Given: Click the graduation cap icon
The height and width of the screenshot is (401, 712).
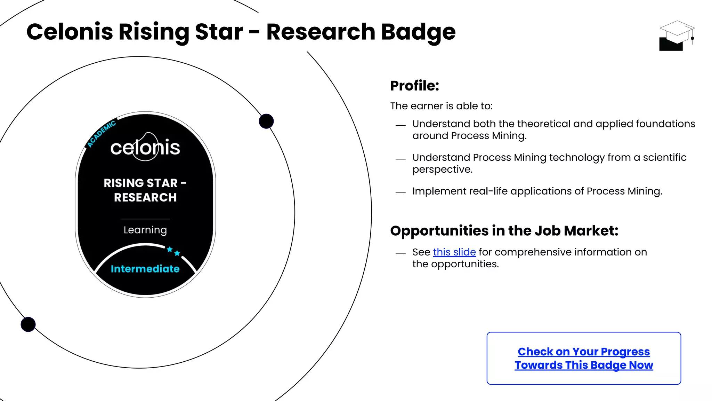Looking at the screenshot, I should pyautogui.click(x=676, y=36).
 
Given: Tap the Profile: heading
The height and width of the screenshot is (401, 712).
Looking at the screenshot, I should pyautogui.click(x=414, y=86).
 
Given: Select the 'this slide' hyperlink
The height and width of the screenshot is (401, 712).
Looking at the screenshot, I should pyautogui.click(x=454, y=252).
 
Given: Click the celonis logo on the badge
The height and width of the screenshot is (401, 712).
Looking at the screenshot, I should pyautogui.click(x=145, y=147).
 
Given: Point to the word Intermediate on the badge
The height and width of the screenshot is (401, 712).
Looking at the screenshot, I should pyautogui.click(x=145, y=269).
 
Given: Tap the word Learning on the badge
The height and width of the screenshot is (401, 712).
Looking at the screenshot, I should pyautogui.click(x=145, y=230).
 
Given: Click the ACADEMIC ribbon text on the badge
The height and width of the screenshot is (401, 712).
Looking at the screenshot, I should pyautogui.click(x=101, y=134).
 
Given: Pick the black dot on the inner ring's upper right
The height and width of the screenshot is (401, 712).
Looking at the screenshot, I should pyautogui.click(x=266, y=121).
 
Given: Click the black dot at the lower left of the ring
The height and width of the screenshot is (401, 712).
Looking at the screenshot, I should pyautogui.click(x=28, y=324).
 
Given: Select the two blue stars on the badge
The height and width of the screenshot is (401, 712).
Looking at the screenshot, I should pyautogui.click(x=173, y=251).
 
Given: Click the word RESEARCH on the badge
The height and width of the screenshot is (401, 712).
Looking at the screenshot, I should pyautogui.click(x=145, y=197).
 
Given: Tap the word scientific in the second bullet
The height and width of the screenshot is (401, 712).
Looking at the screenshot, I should pyautogui.click(x=664, y=157).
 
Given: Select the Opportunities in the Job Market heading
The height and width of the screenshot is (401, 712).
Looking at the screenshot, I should pyautogui.click(x=504, y=231).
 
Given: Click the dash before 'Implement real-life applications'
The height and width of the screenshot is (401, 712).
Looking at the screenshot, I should pyautogui.click(x=400, y=192).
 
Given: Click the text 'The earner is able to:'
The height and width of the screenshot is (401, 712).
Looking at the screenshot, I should pyautogui.click(x=441, y=106).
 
